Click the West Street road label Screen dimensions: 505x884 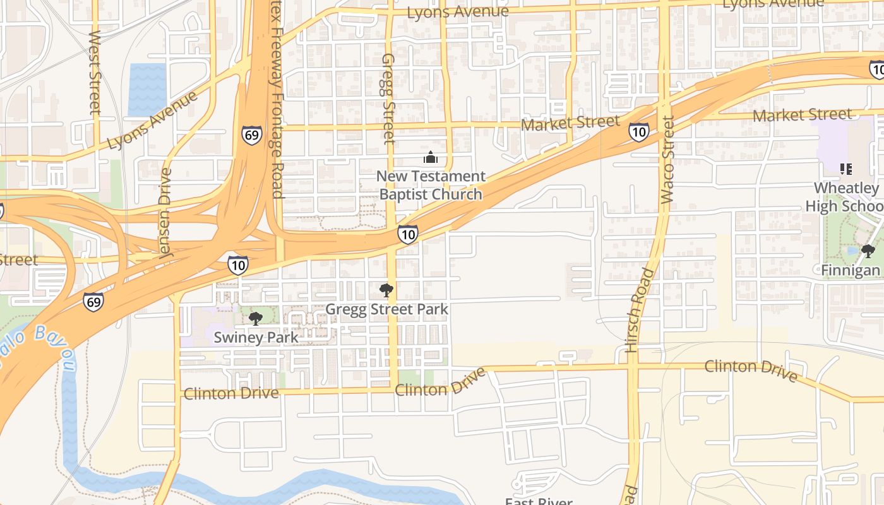pos(95,72)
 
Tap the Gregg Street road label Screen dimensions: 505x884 pos(388,98)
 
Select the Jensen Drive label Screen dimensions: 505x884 pos(165,213)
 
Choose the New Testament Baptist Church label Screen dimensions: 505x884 pos(431,185)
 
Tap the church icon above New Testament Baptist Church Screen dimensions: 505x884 pos(431,157)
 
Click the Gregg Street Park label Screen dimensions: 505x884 pos(386,309)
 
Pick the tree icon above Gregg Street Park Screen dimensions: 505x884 pos(386,290)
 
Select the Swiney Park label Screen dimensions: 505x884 pos(256,337)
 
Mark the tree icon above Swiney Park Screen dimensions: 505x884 pos(255,318)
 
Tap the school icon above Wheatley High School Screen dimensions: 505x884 pos(846,169)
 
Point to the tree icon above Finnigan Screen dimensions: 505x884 pos(868,251)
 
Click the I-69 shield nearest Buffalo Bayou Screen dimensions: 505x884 pos(93,302)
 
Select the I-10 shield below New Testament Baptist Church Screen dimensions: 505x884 pos(408,235)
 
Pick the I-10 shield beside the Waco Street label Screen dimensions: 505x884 pos(638,132)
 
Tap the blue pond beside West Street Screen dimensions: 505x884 pos(148,89)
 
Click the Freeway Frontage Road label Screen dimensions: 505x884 pos(277,101)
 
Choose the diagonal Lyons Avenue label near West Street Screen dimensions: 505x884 pos(152,120)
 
